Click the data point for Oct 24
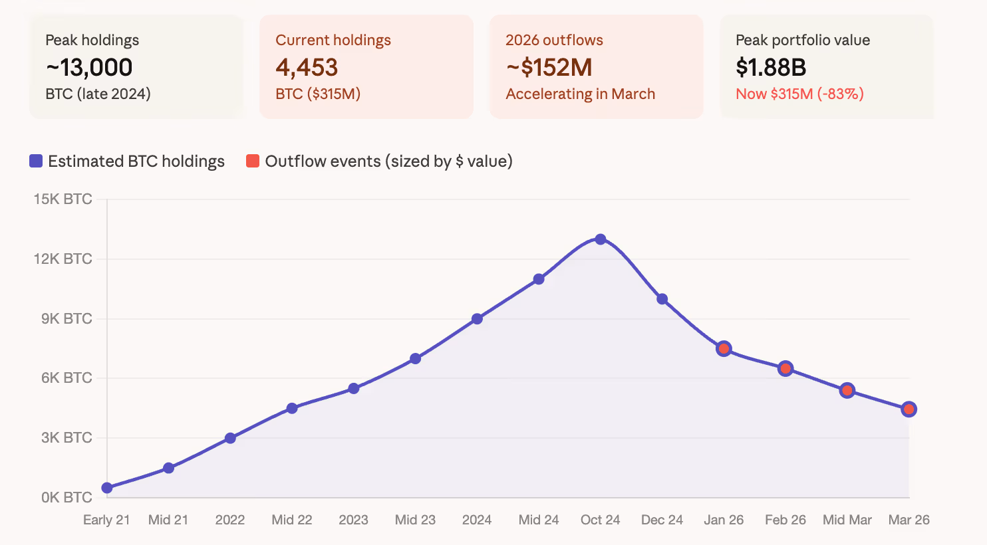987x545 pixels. pos(601,239)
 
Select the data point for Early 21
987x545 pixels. pos(107,488)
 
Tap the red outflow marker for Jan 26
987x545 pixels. pos(724,348)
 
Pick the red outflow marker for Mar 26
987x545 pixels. pos(909,409)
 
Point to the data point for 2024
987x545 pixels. pos(477,319)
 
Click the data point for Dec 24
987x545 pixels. pos(662,299)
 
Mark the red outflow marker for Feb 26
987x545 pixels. pos(785,368)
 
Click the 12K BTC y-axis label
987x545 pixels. pos(63,259)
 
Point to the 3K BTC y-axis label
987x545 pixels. pos(67,437)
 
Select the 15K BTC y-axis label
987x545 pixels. pos(63,199)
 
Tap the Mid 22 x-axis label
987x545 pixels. pos(292,520)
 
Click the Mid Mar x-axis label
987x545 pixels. pos(847,520)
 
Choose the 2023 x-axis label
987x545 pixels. pos(353,520)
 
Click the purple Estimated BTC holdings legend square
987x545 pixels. pos(36,162)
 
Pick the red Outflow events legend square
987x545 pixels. pos(253,162)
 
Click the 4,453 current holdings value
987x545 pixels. pos(307,67)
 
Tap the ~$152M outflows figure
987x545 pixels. pos(549,67)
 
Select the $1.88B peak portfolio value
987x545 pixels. pos(771,67)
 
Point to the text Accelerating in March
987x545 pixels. pos(580,94)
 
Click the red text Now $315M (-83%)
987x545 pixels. pos(799,94)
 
